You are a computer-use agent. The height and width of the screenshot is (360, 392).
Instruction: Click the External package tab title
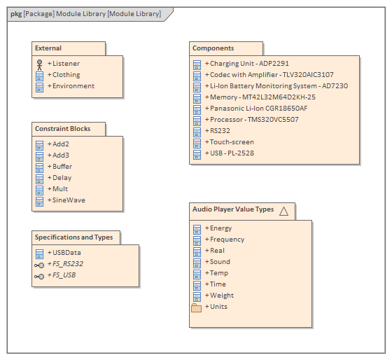48,48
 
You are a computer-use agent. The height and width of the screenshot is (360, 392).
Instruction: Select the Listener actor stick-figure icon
40,64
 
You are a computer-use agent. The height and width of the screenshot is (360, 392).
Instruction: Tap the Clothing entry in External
66,75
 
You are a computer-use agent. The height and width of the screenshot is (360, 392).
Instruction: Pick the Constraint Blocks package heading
62,129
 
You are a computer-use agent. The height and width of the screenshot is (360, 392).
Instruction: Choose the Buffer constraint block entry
62,167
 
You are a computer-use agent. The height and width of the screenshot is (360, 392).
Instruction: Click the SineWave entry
69,200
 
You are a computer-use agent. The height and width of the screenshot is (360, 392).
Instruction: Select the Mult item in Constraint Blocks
60,189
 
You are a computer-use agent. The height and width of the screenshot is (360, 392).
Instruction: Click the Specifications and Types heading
73,237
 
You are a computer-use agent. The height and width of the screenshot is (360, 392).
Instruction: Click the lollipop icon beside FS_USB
40,276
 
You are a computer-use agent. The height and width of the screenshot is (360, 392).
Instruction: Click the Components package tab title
213,48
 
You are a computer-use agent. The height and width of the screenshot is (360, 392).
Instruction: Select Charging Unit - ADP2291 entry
249,64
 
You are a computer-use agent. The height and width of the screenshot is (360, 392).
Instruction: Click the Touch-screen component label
232,142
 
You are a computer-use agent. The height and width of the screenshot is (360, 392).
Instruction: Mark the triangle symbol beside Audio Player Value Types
283,210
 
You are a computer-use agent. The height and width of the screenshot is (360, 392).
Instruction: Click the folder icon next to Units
197,307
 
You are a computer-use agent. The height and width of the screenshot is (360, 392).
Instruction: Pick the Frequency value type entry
227,240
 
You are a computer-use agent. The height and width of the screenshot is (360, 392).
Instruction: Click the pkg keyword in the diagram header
15,14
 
